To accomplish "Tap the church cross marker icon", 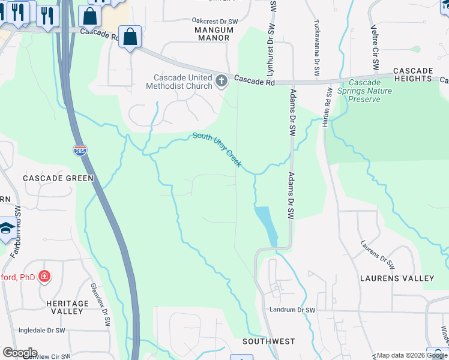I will point(221,80).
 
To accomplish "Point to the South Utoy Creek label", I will point(217,149).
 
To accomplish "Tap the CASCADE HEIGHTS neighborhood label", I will point(413,75).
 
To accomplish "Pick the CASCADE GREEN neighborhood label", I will point(58,178).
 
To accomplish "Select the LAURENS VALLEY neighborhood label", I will point(397,278).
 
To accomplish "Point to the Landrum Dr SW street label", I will point(292,310).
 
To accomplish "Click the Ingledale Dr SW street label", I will point(42,331).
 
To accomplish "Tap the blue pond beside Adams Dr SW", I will point(267,224).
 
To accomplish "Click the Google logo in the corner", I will point(19,353).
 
